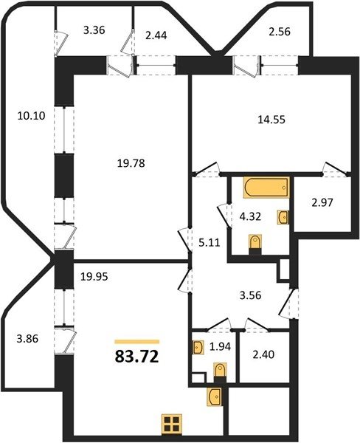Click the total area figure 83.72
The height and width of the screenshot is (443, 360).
pos(137,357)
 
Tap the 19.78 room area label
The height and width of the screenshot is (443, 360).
pos(131,163)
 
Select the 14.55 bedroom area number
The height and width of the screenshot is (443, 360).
pos(271,120)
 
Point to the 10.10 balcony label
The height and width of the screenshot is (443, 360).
pos(31,116)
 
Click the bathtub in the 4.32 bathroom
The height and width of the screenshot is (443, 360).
pos(266,187)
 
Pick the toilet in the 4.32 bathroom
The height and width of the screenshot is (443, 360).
pos(255,244)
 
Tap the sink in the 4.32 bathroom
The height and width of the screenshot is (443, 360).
pos(283,217)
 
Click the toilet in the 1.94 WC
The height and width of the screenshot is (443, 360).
pos(220,372)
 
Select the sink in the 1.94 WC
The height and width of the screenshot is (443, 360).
pos(198,347)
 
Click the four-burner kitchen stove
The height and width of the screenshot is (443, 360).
pos(172,424)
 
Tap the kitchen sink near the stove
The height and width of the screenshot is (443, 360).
pos(215,397)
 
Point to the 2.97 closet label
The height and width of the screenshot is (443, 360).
pos(323,202)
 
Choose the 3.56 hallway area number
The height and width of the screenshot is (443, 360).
pos(250,295)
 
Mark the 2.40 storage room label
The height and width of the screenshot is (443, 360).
pos(263,354)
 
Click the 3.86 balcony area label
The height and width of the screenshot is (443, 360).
pos(27,338)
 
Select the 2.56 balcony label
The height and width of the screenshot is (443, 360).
pos(280,31)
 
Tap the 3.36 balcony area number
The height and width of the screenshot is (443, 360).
pos(94,30)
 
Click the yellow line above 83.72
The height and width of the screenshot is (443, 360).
pos(137,342)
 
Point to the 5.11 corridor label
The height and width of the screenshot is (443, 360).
pos(210,242)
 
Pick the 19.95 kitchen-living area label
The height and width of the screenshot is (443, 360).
pos(94,277)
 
